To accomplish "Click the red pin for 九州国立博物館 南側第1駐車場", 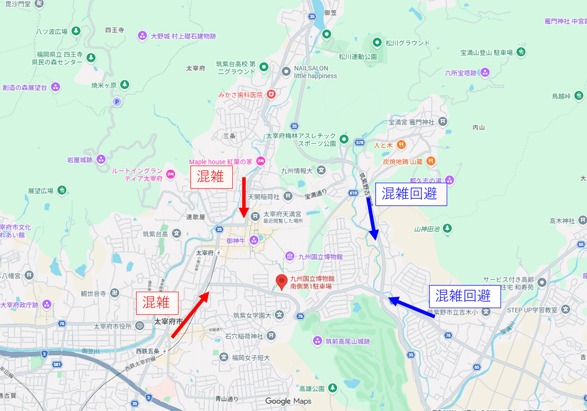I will [281, 281].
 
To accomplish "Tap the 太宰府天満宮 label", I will [282, 214].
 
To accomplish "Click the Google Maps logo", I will [288, 401].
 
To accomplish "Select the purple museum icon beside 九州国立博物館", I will [290, 256].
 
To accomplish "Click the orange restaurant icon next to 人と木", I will [401, 145].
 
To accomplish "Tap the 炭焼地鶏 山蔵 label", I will [403, 161].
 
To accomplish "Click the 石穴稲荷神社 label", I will [244, 336].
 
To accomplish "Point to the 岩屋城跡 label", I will [80, 159].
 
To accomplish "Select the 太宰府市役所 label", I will [113, 326].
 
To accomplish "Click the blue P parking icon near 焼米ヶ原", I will [116, 102].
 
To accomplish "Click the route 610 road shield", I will [354, 193].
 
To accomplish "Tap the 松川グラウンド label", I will [407, 43].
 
